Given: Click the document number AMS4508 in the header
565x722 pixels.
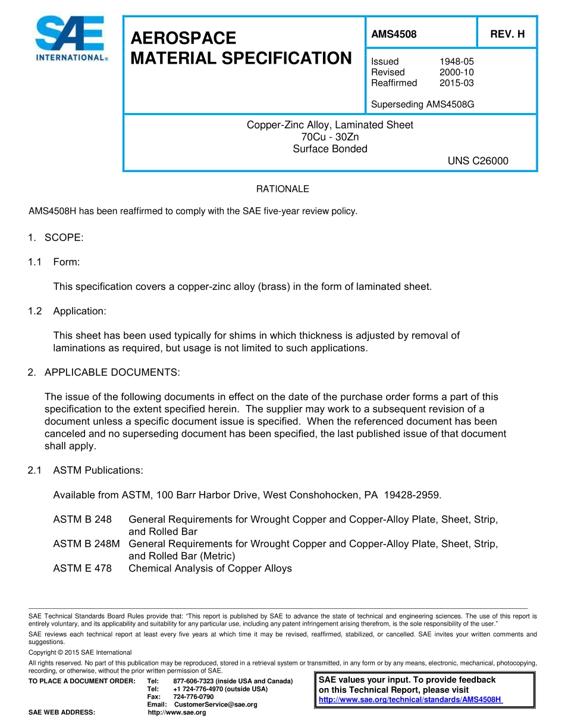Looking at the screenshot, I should tap(394, 35).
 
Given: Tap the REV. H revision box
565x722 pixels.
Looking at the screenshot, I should tap(507, 35).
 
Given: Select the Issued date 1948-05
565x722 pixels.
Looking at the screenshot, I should tap(456, 61).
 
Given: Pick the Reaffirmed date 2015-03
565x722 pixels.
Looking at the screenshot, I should tap(456, 83).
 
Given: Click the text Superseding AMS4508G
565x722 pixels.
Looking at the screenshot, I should tap(422, 105).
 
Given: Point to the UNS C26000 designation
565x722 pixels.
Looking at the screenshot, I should tap(478, 161).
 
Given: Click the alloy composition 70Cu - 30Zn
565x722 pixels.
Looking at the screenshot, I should tap(330, 137).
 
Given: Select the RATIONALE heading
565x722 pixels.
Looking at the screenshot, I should tap(282, 189).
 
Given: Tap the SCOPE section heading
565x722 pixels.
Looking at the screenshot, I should tap(64, 237).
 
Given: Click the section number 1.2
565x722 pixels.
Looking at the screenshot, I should tap(35, 311).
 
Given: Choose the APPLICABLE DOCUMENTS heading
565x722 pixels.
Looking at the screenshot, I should tap(112, 372).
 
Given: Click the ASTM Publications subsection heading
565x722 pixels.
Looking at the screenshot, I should tap(98, 470).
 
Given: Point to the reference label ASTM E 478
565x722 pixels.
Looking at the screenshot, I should tap(82, 568).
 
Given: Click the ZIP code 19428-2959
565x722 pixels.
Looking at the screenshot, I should tap(412, 495).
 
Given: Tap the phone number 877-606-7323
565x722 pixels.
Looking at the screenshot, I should tap(193, 681).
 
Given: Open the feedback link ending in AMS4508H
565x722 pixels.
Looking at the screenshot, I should tap(410, 699).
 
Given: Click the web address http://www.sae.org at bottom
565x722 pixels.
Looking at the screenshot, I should tap(177, 712).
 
